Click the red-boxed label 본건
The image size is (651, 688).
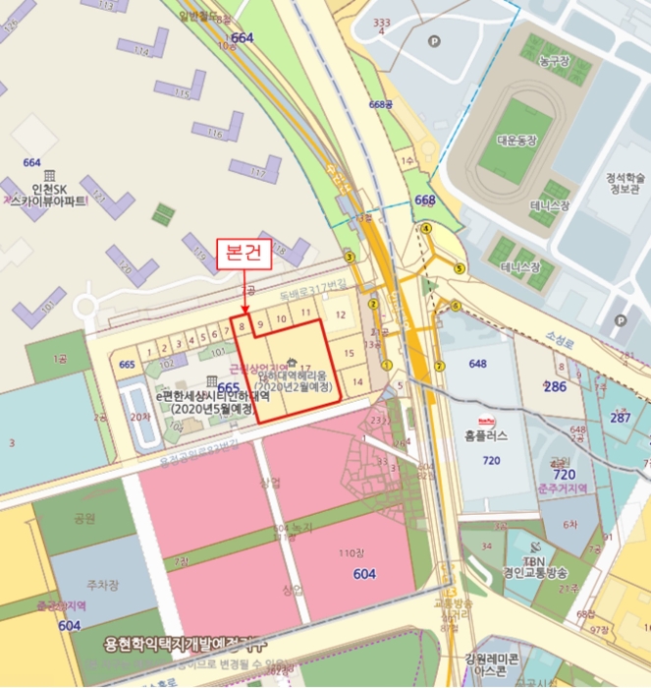pos(244,253)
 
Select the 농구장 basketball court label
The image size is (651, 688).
pos(553,60)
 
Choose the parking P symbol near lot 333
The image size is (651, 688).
pos(434,41)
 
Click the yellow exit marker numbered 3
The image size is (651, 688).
pos(348,258)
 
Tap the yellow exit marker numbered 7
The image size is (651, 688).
pos(440,365)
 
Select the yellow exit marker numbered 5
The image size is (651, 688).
pos(459,268)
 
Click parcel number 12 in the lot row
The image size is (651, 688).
pos(340,315)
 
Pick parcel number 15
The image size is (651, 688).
pos(349,351)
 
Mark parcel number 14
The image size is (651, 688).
pos(357,381)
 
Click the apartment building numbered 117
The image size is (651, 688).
pos(258,172)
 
